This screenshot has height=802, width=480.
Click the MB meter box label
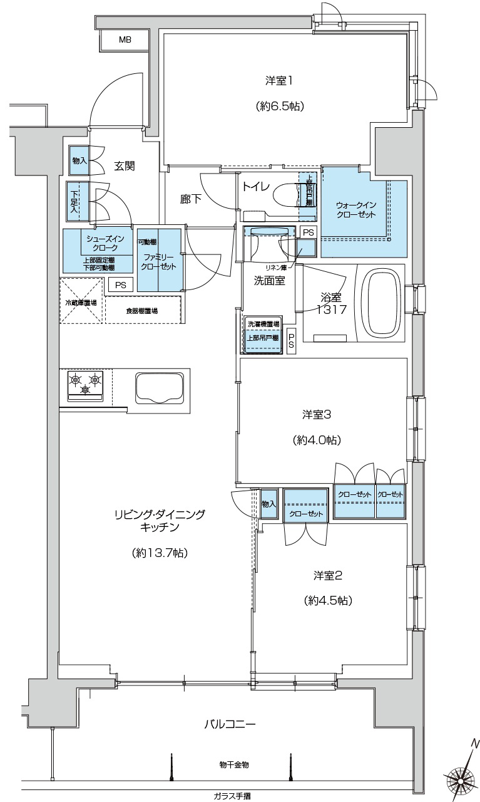point(125,39)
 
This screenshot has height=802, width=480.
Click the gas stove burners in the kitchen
point(85,383)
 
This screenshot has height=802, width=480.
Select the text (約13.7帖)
point(160,553)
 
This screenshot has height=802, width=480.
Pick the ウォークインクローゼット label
point(355,210)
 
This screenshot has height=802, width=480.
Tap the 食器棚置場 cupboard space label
point(141,311)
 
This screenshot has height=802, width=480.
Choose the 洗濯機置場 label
point(263,325)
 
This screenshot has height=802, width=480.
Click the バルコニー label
point(230,725)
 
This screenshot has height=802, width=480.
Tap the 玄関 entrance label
point(124,166)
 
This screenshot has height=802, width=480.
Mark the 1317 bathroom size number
point(332,310)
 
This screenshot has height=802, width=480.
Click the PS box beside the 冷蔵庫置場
point(121,285)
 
